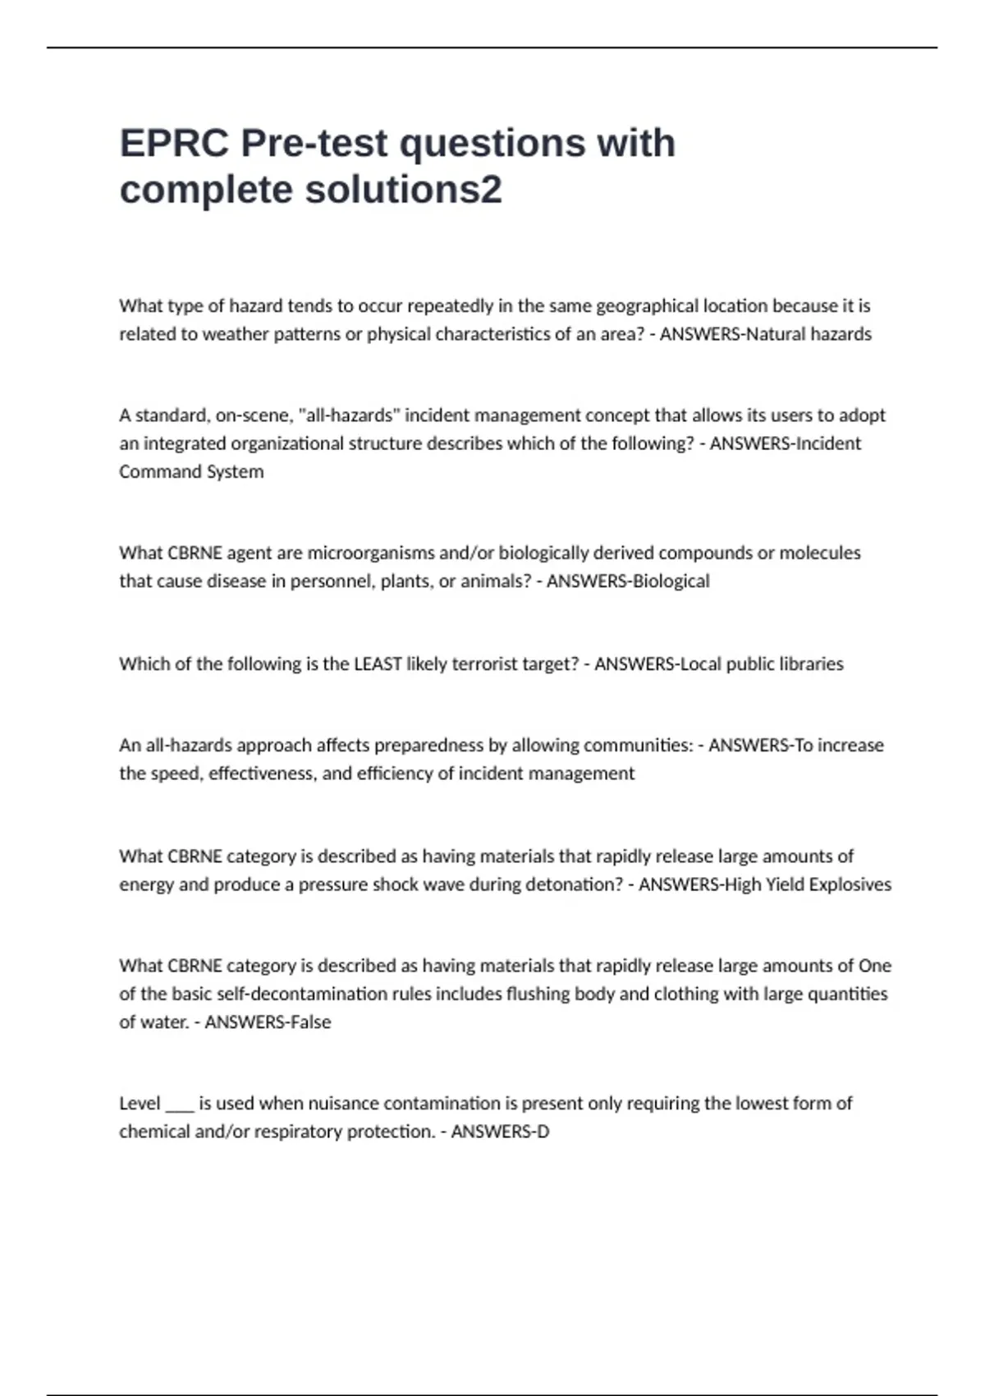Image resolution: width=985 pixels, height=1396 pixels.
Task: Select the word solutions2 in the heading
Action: pos(403,190)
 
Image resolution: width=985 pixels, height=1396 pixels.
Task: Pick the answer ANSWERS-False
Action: pos(268,1022)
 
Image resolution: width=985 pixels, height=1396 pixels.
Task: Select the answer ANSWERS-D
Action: pos(500,1132)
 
